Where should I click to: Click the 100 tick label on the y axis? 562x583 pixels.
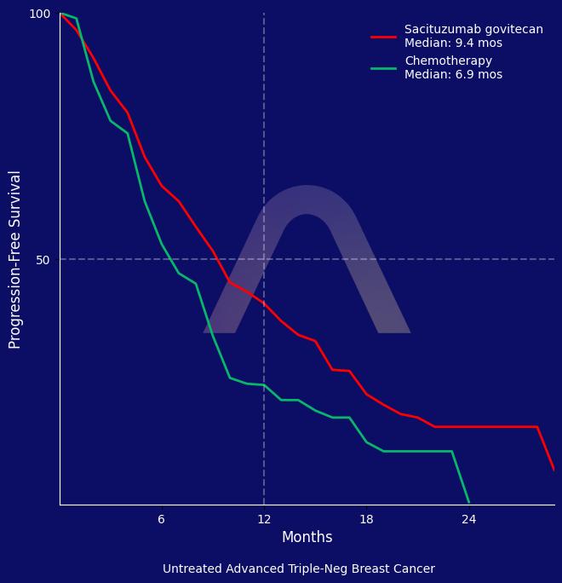40,14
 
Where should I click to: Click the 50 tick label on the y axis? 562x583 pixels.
43,259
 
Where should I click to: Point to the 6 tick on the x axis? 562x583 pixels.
162,519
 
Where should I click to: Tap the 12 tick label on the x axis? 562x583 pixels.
264,519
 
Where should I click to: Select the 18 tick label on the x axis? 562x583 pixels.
366,519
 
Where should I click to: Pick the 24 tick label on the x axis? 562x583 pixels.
468,519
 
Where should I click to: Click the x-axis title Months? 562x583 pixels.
307,538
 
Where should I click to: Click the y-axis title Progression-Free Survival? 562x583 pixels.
15,259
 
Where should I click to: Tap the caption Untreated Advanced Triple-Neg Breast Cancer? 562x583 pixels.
298,569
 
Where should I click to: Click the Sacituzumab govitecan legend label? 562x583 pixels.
473,30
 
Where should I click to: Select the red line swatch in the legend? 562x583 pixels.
384,37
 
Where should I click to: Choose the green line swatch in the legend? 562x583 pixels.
384,68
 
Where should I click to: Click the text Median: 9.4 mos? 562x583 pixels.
453,43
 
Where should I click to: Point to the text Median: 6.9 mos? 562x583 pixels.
453,75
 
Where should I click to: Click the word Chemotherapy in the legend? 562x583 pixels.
448,61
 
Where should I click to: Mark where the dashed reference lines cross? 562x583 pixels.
264,259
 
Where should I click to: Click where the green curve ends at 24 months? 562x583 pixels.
468,502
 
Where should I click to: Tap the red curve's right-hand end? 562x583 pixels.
553,469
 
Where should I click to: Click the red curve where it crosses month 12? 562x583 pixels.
264,303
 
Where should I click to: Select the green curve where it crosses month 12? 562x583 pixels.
264,385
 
